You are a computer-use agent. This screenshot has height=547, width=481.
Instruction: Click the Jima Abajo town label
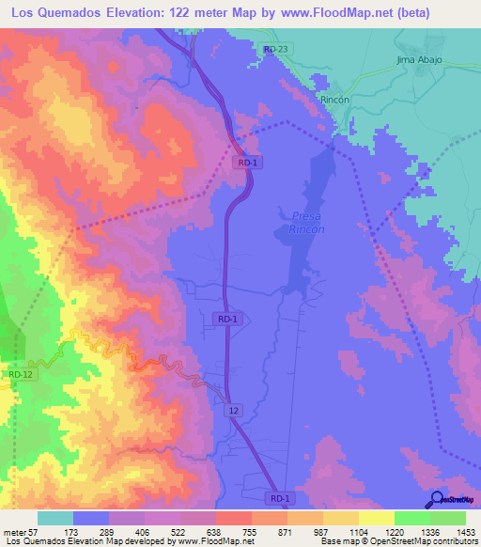[419, 60]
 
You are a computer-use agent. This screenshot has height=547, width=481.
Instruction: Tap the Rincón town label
[334, 99]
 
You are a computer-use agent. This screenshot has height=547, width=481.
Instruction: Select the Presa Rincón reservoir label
[307, 222]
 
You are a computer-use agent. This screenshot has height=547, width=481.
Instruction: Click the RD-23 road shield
[275, 49]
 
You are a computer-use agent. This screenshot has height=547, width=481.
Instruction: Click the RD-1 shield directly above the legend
[280, 498]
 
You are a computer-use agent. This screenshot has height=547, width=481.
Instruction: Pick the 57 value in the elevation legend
[34, 531]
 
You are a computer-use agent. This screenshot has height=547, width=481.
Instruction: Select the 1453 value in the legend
[466, 531]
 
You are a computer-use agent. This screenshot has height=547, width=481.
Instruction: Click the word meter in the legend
[14, 531]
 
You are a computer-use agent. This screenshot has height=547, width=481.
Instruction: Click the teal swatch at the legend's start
[55, 518]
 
